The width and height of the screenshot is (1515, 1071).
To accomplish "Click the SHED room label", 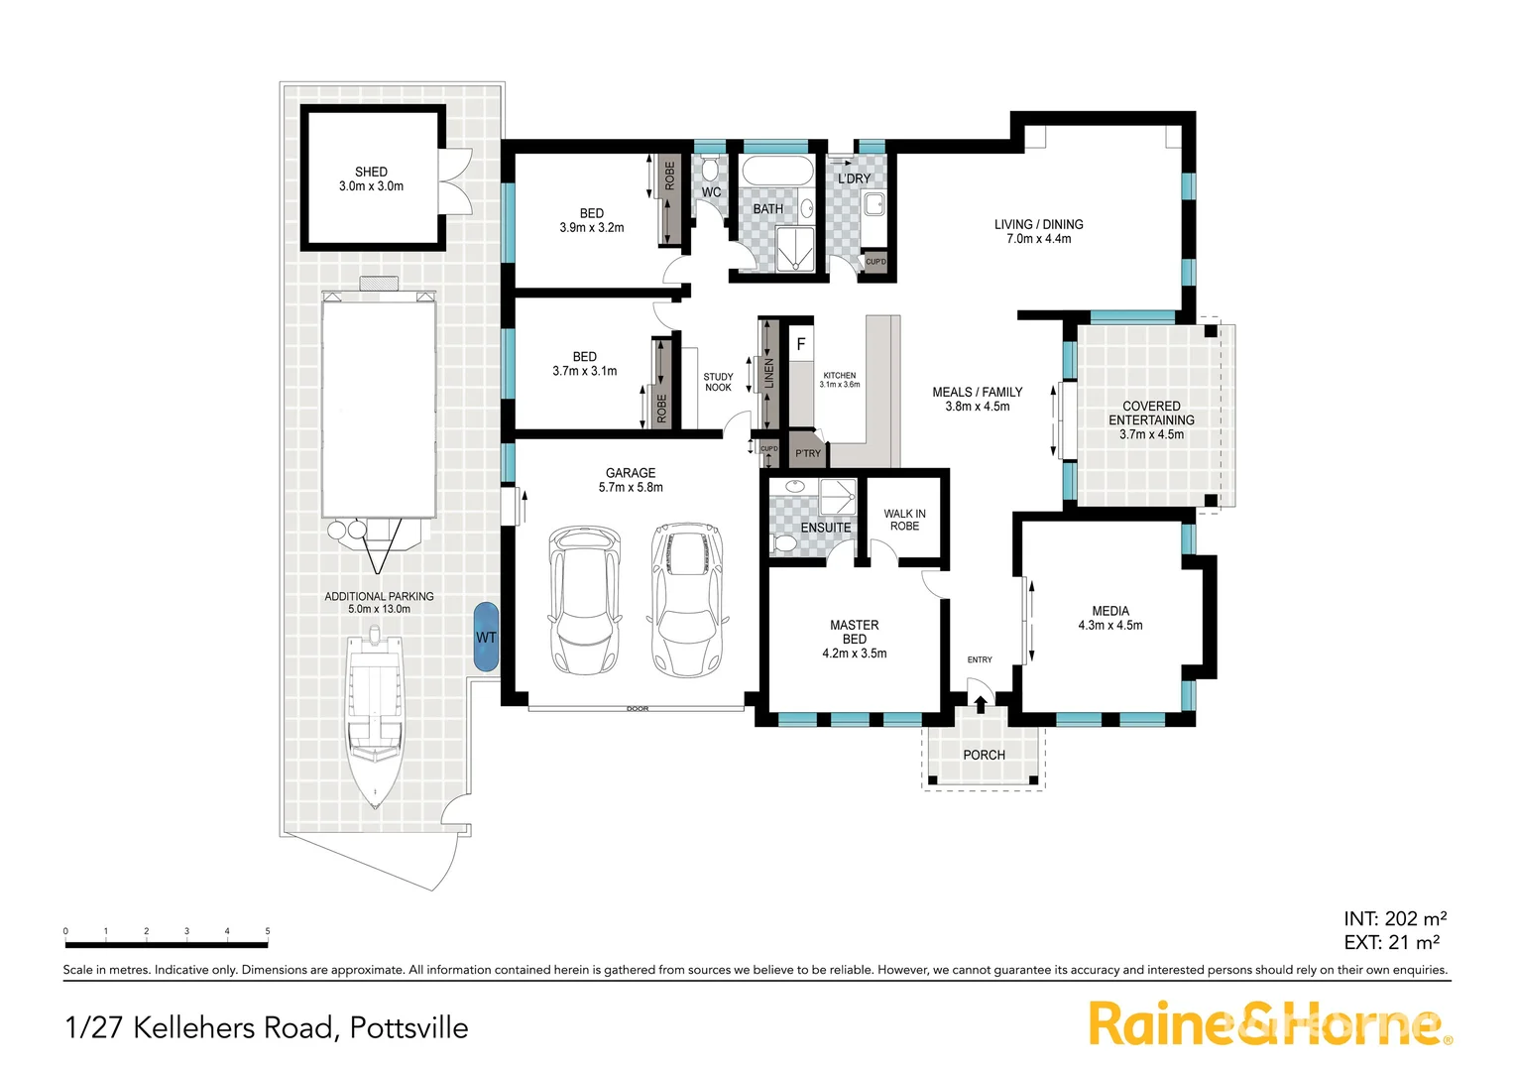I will click(x=371, y=173).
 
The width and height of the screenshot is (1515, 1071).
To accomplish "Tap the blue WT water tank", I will click(x=486, y=637).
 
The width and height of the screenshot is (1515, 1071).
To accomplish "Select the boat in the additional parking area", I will click(x=374, y=719).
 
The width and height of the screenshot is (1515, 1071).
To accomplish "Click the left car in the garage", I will click(x=585, y=599).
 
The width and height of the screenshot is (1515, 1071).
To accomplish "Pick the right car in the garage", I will click(x=686, y=599).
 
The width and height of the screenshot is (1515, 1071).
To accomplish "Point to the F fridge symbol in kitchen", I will click(x=801, y=345).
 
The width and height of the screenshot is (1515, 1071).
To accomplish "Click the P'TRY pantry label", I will click(x=808, y=453).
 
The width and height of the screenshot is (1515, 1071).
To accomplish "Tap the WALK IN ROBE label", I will click(x=904, y=520).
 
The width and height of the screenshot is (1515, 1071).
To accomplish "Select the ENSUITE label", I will click(x=825, y=528).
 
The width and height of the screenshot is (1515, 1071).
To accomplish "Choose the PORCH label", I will click(x=984, y=755).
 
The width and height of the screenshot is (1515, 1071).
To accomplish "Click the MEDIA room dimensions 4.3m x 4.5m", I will click(x=1109, y=626).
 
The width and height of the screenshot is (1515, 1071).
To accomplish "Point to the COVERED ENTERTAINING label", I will click(x=1151, y=413).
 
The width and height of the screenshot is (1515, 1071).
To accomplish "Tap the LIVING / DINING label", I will click(x=1038, y=224).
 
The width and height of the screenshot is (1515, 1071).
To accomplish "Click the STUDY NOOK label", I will click(x=718, y=382).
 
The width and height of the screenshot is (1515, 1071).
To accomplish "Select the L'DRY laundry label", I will click(x=854, y=178).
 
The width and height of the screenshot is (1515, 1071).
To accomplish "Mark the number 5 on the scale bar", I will click(x=268, y=931).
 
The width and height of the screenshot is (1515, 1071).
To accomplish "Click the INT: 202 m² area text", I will click(x=1394, y=918).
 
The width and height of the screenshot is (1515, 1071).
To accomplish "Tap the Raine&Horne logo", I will click(x=1269, y=1023).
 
